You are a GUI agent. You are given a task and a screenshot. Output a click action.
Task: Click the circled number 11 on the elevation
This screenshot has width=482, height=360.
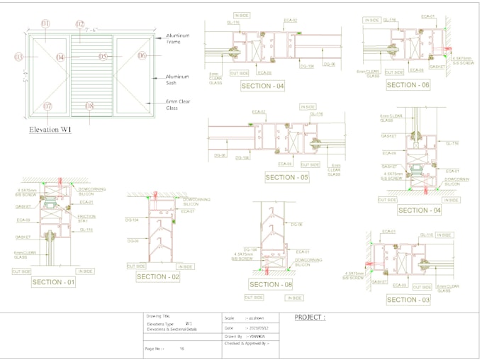pos(46,24)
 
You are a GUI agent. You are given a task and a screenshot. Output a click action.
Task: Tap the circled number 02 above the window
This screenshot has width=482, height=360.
pos(80,24)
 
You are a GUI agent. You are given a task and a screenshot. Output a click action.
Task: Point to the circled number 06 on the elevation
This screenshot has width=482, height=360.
pos(142,56)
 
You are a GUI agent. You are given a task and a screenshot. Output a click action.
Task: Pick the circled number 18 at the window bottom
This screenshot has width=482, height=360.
pos(89,106)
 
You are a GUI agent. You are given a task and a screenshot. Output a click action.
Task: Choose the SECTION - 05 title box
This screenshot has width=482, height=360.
pos(286,177)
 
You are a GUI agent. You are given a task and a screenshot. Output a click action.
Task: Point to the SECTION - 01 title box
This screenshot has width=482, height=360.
pos(53,282)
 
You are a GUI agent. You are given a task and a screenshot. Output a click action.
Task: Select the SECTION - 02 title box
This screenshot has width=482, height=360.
pos(158,277)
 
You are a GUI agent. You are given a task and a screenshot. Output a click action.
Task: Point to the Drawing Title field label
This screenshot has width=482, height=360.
pos(160,316)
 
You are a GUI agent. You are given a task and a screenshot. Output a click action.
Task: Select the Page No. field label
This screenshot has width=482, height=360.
pos(155,349)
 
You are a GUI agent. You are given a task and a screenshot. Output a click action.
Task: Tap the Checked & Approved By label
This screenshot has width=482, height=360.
pos(247,343)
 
